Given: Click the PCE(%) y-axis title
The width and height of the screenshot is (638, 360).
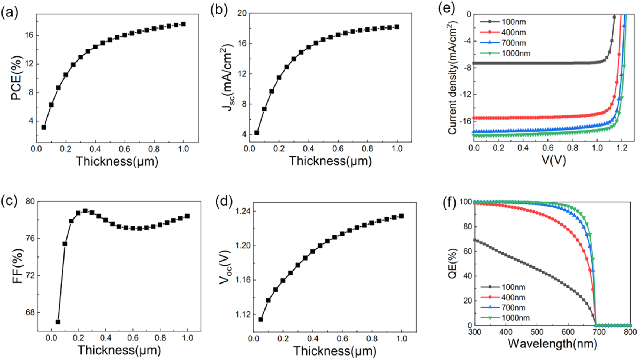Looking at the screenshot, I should point(17,78).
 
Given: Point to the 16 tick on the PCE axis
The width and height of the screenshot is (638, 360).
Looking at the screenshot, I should point(29,35).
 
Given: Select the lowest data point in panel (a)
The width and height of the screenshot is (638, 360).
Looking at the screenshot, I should point(44,127).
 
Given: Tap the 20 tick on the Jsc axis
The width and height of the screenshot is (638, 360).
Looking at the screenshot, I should point(242,13).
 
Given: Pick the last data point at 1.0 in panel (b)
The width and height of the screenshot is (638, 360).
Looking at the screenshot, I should point(397,27).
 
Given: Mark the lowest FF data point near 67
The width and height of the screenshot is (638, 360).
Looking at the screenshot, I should point(58,322).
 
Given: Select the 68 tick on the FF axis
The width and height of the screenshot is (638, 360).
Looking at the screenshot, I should point(30,312).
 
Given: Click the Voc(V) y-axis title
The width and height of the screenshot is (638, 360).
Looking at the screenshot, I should point(225,268).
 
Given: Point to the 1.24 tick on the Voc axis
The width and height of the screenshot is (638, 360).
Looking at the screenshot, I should point(243,211).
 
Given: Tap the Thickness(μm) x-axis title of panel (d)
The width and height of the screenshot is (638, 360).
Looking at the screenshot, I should point(335,351).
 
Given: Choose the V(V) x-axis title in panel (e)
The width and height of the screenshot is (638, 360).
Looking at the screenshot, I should point(553,160).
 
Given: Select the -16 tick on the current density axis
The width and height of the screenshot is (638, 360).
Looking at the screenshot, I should point(464,121).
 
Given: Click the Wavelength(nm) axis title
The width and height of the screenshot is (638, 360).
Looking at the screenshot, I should point(552,344).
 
